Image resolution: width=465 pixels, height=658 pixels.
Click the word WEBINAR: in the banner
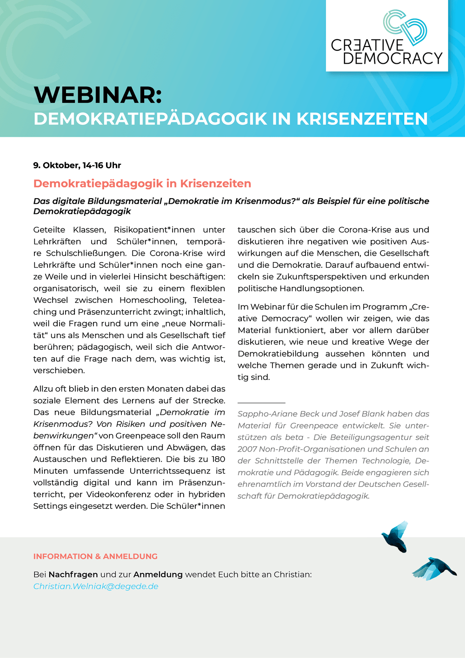[98, 95]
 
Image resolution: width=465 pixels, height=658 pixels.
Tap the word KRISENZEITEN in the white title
[362, 119]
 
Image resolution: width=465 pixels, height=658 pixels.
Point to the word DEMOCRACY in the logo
[392, 58]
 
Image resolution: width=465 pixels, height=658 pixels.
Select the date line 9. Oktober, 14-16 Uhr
[77, 165]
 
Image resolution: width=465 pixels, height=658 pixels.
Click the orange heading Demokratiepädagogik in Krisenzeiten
[142, 183]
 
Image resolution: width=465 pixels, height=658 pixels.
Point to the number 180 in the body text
[218, 459]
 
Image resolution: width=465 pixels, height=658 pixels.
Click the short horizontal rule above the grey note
[261, 403]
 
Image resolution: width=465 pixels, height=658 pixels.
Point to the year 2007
[247, 449]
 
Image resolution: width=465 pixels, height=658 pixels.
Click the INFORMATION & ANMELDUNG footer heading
[95, 556]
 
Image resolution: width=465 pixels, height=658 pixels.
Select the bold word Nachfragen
[73, 574]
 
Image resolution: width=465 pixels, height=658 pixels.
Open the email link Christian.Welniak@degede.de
[96, 586]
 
